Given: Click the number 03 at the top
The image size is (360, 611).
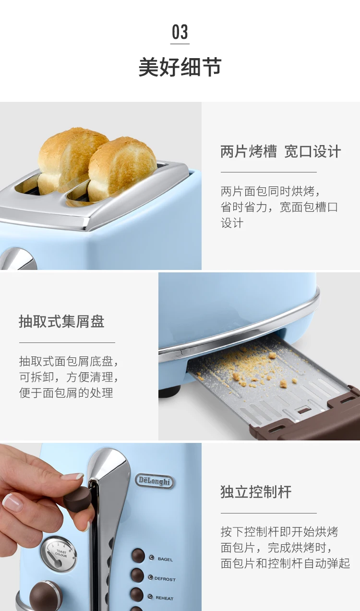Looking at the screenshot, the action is click(180, 32).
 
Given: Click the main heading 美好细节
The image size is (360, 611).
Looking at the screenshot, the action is click(180, 67).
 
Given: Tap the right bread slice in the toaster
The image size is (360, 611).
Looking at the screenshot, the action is click(122, 169).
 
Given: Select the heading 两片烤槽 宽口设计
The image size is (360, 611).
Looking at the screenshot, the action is click(281, 151).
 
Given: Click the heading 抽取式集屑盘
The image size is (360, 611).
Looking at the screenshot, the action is click(61, 321).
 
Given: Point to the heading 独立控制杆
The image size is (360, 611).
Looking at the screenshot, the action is click(256, 492).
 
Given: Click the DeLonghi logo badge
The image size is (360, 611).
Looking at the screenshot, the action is click(155, 481).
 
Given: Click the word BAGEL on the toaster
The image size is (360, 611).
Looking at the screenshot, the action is click(165, 559).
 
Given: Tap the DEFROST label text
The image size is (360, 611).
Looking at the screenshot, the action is click(165, 579).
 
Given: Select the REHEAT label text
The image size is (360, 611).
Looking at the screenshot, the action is click(164, 598).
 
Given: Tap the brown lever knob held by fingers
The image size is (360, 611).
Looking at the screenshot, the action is click(78, 498).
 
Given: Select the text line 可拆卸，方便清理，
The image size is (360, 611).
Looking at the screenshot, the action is click(69, 377).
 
